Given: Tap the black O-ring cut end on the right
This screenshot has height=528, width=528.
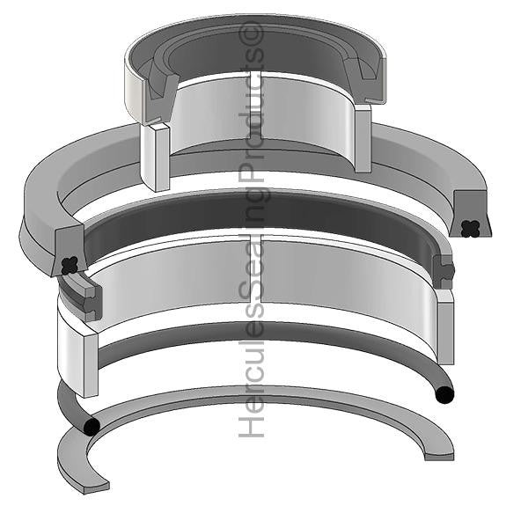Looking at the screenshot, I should pos(444,393).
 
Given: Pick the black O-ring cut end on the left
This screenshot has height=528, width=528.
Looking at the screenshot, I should pos(90,427).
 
